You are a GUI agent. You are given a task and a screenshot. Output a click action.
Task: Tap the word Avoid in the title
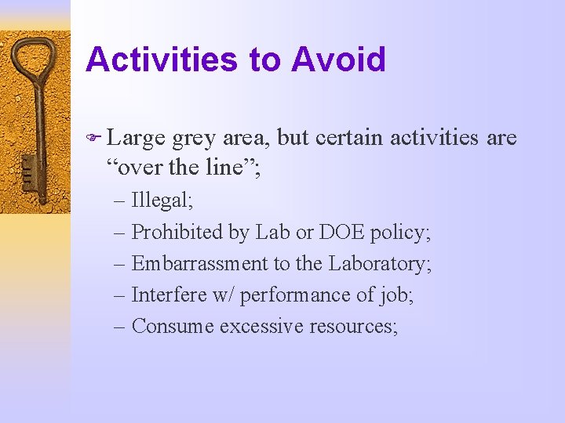click(339, 60)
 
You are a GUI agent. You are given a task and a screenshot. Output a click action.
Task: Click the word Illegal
click(162, 200)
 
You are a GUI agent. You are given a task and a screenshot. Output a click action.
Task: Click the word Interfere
click(163, 295)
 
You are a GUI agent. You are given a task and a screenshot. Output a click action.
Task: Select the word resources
click(353, 326)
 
